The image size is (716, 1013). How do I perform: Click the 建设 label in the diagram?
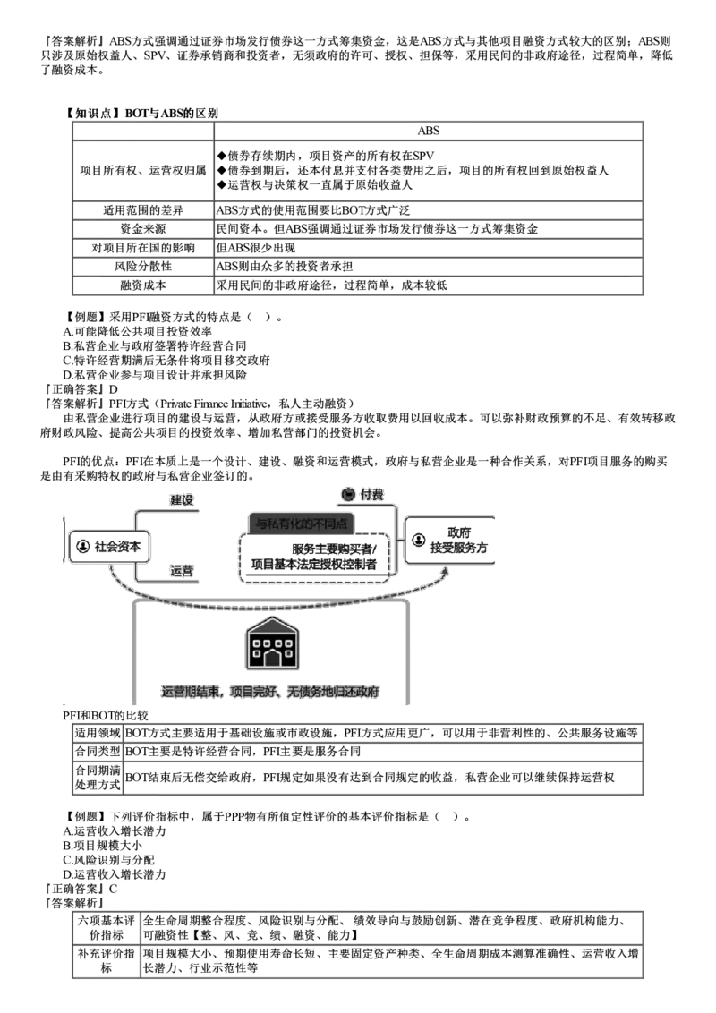point(182,500)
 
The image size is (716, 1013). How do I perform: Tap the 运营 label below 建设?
point(182,570)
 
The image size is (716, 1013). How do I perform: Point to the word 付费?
point(372,494)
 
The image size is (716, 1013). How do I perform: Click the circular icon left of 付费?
point(349,494)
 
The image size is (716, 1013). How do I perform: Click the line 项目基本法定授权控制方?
point(314,565)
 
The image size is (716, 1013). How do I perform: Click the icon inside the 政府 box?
point(419,540)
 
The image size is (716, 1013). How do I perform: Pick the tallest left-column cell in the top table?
point(141,169)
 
